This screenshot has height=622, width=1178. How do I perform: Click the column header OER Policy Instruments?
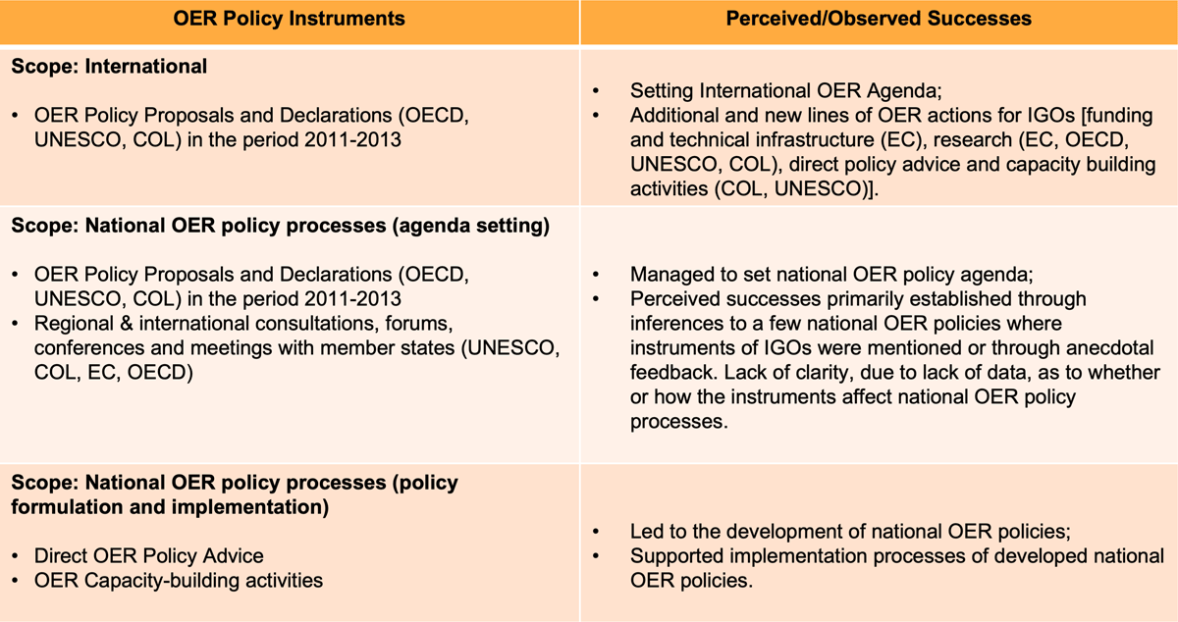click(289, 19)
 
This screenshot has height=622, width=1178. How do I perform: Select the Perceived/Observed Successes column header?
click(879, 19)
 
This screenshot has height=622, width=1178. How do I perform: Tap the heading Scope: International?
click(109, 67)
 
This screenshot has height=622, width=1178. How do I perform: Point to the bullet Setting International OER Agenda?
click(785, 91)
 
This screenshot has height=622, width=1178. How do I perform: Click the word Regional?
click(74, 324)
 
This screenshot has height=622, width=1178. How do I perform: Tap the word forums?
click(418, 324)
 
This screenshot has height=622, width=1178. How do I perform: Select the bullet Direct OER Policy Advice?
click(149, 556)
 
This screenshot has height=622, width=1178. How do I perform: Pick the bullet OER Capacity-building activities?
click(179, 581)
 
